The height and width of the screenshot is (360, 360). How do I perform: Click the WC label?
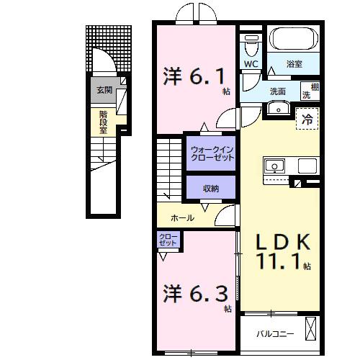pyautogui.click(x=251, y=64)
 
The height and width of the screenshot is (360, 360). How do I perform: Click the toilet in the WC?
pyautogui.click(x=250, y=45)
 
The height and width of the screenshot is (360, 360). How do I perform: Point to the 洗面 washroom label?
pyautogui.click(x=277, y=91)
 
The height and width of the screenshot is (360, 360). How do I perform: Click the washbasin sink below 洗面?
pyautogui.click(x=278, y=109)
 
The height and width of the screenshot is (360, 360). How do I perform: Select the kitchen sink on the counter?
pyautogui.click(x=275, y=166)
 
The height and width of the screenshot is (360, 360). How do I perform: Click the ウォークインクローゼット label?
pyautogui.click(x=212, y=154)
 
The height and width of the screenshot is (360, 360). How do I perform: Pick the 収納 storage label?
pyautogui.click(x=210, y=189)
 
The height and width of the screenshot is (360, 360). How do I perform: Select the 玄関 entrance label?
pyautogui.click(x=105, y=91)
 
